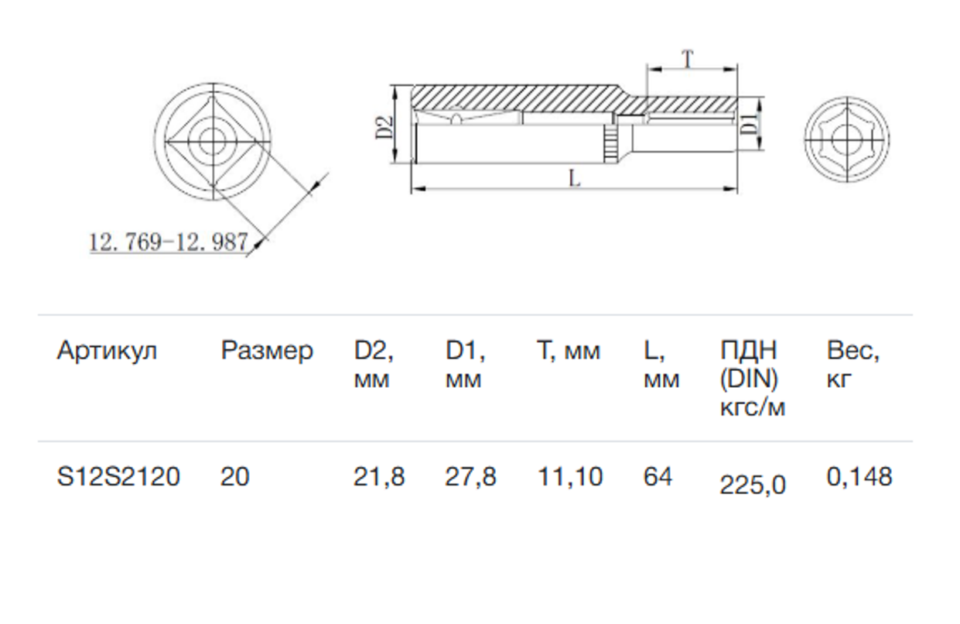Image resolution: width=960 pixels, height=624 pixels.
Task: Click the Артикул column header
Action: pos(108,351)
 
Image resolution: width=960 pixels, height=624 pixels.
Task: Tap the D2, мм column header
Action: pos(374,365)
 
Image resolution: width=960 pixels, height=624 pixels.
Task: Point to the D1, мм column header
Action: pos(465,365)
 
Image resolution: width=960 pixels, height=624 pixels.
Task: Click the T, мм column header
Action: pos(569,351)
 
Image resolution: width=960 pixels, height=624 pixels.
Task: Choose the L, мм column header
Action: pos(661,365)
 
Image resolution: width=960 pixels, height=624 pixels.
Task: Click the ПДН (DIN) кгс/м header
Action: pos(753,379)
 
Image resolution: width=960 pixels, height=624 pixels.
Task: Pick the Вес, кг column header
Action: pos(852,365)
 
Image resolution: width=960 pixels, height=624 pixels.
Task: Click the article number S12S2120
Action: pos(118,477)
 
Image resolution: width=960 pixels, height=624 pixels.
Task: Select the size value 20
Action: pos(235,477)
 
